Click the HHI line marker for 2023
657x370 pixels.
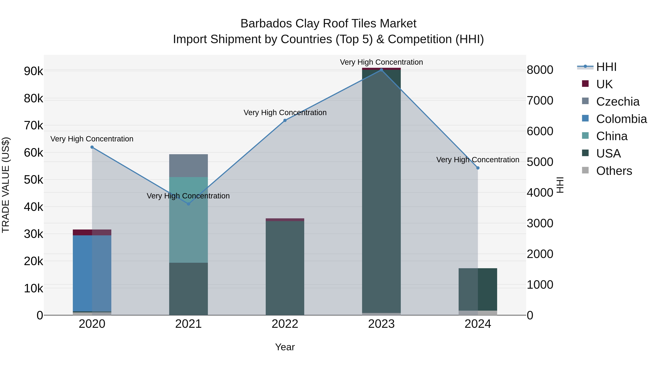point(381,70)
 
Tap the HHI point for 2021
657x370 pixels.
point(189,204)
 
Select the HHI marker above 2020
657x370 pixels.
point(92,147)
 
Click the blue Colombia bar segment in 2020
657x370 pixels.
point(92,273)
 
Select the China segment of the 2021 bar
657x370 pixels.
point(189,220)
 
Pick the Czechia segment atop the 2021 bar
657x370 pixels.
point(189,166)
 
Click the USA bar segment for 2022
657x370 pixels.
point(285,268)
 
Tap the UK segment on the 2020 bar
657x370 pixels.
point(92,232)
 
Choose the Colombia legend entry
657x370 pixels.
point(621,119)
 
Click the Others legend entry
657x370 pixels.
point(614,171)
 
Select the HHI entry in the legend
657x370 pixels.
point(606,67)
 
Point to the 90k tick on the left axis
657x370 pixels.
point(34,71)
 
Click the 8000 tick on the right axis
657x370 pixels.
point(540,70)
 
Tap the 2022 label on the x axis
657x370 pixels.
point(285,324)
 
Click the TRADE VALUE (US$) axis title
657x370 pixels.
point(6,185)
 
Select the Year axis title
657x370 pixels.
point(285,347)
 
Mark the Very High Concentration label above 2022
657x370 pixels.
point(285,113)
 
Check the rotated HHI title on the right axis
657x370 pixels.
point(560,185)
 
